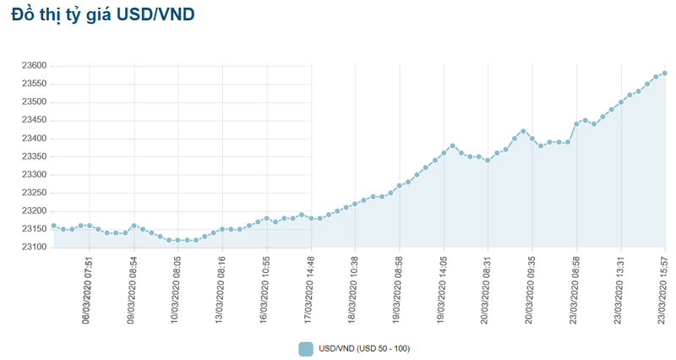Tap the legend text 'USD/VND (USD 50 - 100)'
pyautogui.click(x=364, y=348)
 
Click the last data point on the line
pyautogui.click(x=665, y=73)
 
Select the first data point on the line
pyautogui.click(x=54, y=226)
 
